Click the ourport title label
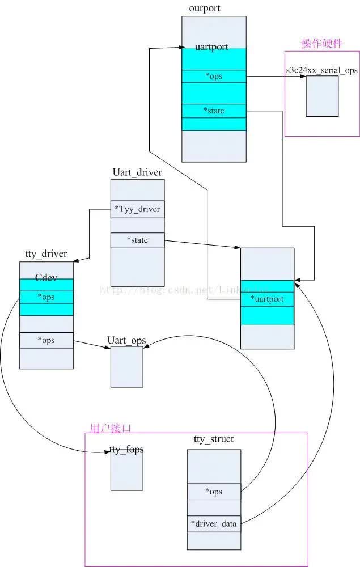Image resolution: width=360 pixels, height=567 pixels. point(204,9)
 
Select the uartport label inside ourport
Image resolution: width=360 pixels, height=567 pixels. point(211,46)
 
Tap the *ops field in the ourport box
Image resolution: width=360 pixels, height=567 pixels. point(214,77)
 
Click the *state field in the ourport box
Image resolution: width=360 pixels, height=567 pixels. point(214,111)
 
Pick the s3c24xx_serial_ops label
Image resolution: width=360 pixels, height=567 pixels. point(321,70)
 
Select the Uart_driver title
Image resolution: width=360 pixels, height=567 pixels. point(137,172)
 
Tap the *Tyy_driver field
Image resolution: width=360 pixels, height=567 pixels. point(137,209)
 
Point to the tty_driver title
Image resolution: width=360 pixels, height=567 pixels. point(46,253)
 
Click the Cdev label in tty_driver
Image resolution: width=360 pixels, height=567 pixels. point(46,278)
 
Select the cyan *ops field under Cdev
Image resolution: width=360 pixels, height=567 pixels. point(46,297)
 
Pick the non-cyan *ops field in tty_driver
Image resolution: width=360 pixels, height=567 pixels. point(46,340)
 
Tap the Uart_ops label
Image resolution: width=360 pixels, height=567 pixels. point(126,340)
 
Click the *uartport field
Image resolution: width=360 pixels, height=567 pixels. point(267,298)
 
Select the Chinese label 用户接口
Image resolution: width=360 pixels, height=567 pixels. point(111,428)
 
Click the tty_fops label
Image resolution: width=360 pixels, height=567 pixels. point(126,450)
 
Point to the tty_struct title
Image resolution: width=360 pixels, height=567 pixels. point(214,439)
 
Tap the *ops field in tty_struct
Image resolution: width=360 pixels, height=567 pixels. point(214,492)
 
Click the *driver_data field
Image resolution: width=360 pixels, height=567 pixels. point(214,524)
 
